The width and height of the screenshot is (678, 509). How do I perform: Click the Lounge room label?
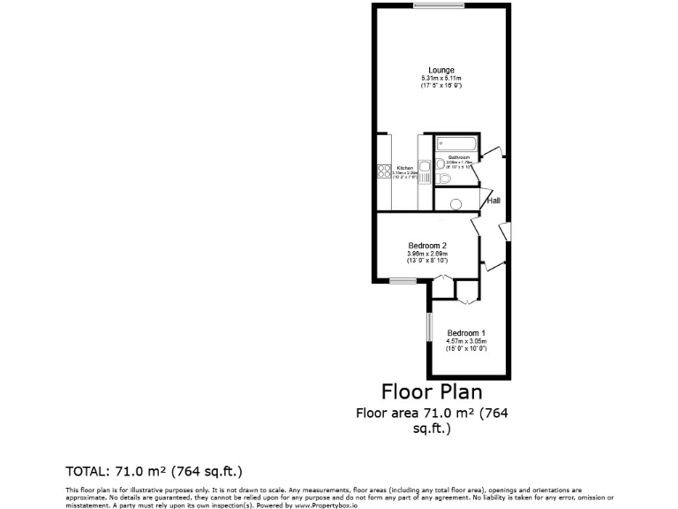point(441,70)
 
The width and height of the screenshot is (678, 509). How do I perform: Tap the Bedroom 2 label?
point(427,246)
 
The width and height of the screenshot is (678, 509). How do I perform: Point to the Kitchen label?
point(404,168)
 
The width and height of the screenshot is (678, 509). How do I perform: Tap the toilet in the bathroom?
point(444,179)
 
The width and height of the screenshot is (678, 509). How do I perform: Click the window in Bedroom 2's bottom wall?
point(403,281)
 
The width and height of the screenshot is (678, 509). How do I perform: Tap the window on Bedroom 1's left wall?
point(427,326)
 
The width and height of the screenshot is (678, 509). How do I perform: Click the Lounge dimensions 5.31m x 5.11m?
point(441,78)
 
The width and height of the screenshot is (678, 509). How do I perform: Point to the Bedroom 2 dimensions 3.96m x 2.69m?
point(427,254)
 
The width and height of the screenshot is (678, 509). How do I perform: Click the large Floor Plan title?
point(432,390)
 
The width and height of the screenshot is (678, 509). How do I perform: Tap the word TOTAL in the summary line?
point(86,469)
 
